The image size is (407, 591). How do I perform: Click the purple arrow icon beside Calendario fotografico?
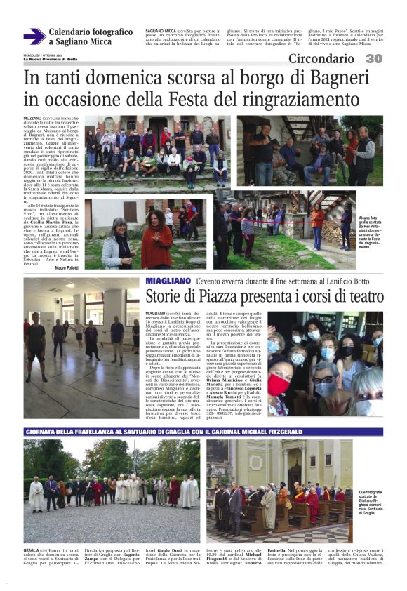point(34,36)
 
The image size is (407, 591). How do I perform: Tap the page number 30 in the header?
point(374,59)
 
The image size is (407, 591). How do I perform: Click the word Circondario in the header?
point(321,59)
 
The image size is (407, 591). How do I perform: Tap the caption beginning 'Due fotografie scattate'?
point(371,503)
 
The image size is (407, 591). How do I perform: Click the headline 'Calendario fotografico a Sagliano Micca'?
point(91,36)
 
